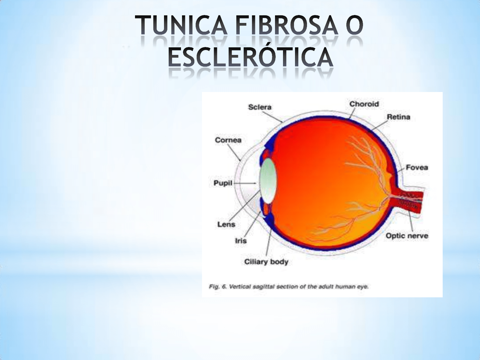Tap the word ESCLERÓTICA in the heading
250,57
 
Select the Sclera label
260,107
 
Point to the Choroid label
364,104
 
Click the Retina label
398,117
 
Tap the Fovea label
417,167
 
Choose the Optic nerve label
407,236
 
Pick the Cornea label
228,140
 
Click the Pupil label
223,183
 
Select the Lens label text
226,224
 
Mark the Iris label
241,241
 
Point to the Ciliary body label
266,262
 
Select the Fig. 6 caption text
289,287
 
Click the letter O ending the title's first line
354,25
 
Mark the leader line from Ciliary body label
268,243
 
